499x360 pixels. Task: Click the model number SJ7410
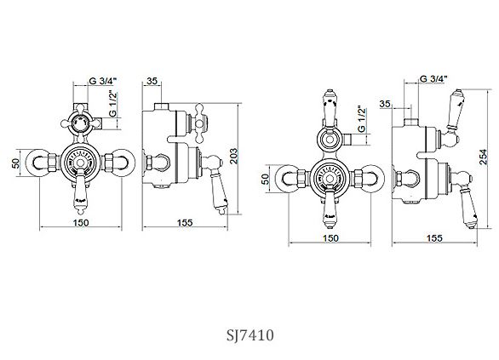pyautogui.click(x=249, y=335)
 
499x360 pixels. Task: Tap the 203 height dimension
pyautogui.click(x=234, y=156)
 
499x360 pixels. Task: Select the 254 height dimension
pyautogui.click(x=484, y=157)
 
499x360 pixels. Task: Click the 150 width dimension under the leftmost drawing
pyautogui.click(x=81, y=223)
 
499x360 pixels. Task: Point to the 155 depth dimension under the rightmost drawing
pyautogui.click(x=434, y=238)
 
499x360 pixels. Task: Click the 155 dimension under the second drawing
pyautogui.click(x=185, y=223)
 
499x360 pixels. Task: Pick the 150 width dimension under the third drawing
pyautogui.click(x=330, y=238)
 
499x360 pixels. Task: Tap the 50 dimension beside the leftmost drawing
pyautogui.click(x=15, y=163)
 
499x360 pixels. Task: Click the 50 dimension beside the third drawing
pyautogui.click(x=265, y=179)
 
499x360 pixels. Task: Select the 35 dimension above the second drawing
pyautogui.click(x=152, y=81)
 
